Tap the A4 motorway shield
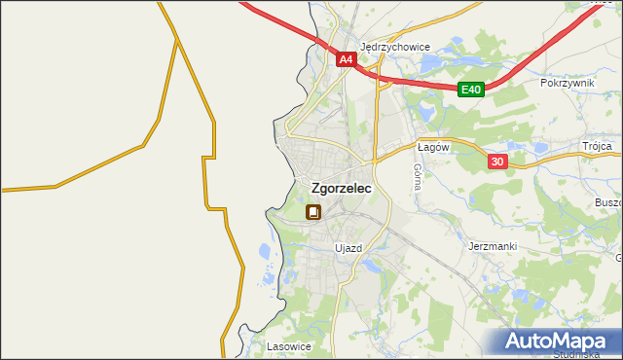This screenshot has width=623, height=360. [x=346, y=60]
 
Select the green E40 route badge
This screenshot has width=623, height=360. [x=471, y=90]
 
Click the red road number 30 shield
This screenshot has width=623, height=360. [x=497, y=162]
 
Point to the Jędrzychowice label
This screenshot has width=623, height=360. [x=395, y=46]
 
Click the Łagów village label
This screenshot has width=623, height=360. [x=432, y=147]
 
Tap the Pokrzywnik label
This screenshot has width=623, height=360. [x=567, y=84]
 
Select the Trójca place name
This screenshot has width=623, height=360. [x=597, y=146]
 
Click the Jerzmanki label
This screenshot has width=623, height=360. [x=492, y=247]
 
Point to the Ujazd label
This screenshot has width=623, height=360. [x=348, y=248]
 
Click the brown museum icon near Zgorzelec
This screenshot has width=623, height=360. [x=313, y=212]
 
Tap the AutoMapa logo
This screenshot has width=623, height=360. [x=559, y=342]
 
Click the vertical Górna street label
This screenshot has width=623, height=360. [x=417, y=175]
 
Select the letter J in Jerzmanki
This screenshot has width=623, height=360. [x=471, y=247]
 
